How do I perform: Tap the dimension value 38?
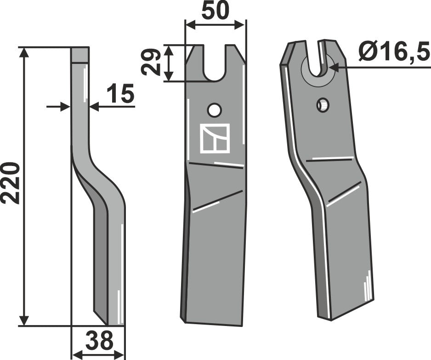pyautogui.click(x=98, y=342)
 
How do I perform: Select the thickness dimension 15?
pyautogui.click(x=120, y=94)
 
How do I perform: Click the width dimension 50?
pyautogui.click(x=215, y=11)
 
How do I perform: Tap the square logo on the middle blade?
pyautogui.click(x=215, y=138)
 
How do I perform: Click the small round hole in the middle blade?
pyautogui.click(x=214, y=110)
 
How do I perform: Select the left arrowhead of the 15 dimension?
pyautogui.click(x=66, y=107)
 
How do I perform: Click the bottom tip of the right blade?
pyautogui.click(x=329, y=318)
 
